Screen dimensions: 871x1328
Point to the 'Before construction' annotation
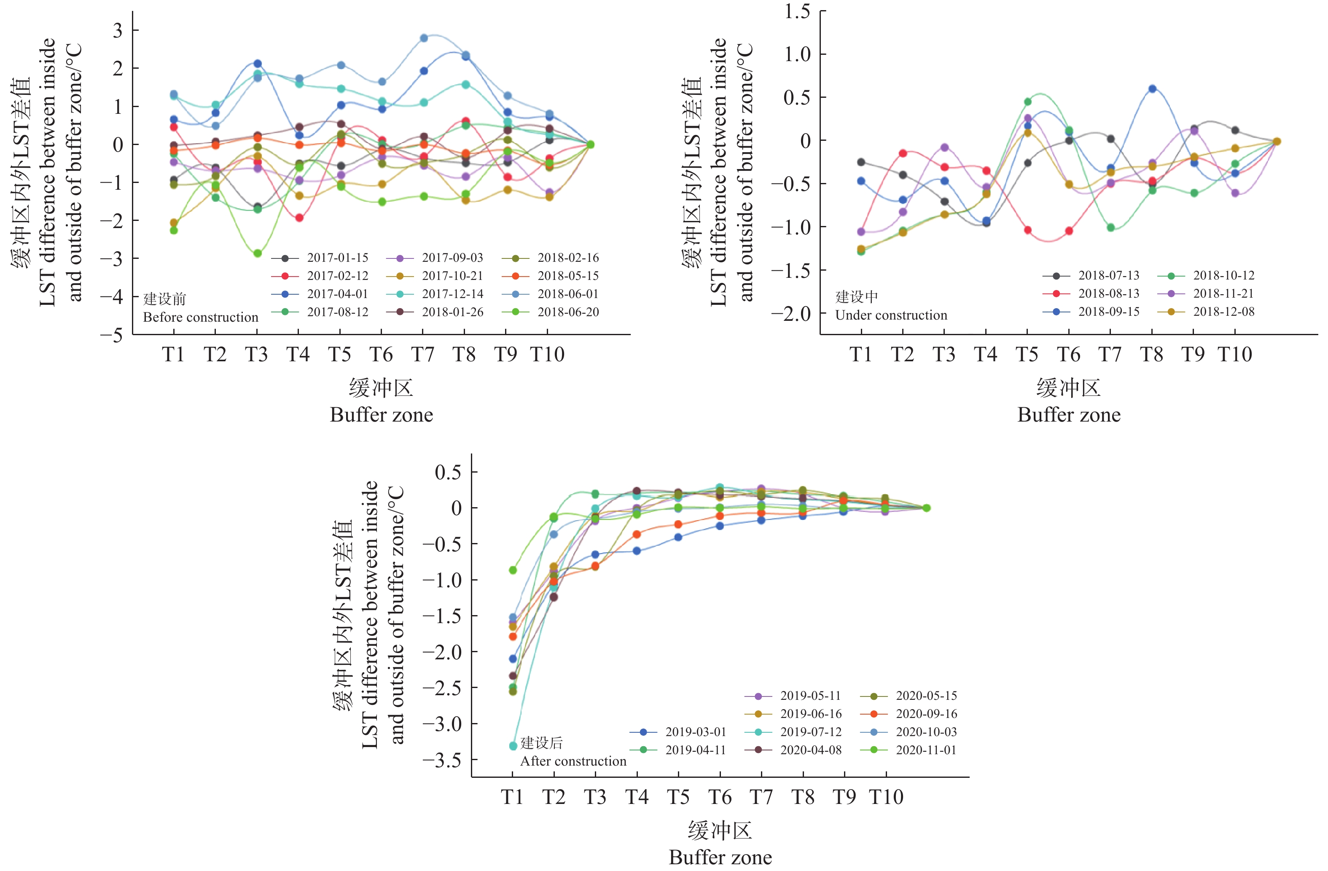point(200,317)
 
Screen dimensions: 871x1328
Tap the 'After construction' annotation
point(573,761)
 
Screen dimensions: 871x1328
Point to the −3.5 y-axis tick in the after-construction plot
point(442,760)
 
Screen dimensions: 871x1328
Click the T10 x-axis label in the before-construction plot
point(547,354)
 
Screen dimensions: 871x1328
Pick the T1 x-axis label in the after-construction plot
point(512,797)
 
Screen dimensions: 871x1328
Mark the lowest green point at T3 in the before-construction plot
point(257,253)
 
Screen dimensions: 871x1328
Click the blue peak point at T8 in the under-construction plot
point(1152,89)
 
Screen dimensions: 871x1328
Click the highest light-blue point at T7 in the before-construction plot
point(424,38)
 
